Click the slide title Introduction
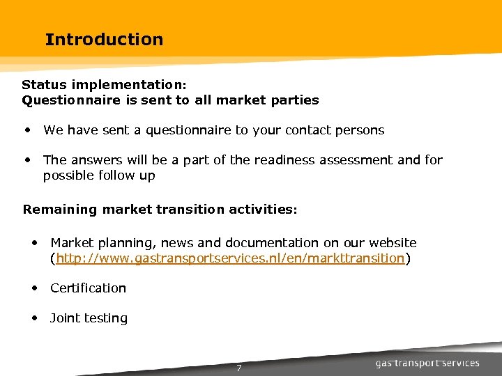[104, 40]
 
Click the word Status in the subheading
[43, 84]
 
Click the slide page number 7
[238, 368]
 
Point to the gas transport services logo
[427, 363]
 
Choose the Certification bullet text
[88, 288]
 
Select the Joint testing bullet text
[89, 318]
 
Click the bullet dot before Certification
[34, 288]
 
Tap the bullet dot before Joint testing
[34, 318]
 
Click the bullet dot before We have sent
[26, 130]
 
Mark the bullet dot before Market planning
[34, 243]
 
